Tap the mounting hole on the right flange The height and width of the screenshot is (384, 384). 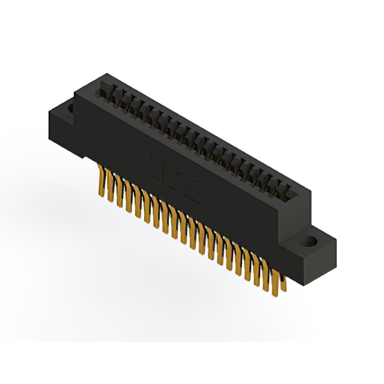pyautogui.click(x=311, y=243)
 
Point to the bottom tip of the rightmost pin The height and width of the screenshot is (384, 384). pyautogui.click(x=283, y=291)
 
